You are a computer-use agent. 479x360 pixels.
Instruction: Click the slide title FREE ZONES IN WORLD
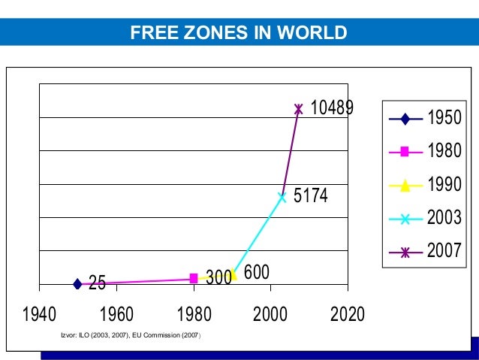pos(239,33)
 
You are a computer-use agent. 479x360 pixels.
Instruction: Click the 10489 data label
pos(331,108)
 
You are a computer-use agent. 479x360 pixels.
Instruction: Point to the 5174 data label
pos(310,196)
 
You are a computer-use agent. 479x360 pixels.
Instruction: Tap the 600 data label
pos(257,272)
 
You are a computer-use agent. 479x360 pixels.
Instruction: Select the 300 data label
pos(218,278)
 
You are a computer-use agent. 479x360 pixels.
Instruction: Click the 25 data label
pos(97,283)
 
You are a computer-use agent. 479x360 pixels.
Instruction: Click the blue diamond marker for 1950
pos(77,283)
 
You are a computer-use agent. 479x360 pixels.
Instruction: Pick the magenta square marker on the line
pos(194,278)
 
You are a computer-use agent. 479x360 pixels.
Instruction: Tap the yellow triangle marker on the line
pos(233,275)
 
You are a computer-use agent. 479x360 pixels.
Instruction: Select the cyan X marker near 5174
pos(282,198)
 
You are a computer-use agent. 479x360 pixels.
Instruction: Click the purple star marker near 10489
pos(298,109)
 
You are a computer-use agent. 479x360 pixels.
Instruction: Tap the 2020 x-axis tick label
pos(348,313)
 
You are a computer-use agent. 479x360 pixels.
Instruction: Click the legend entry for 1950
pos(425,119)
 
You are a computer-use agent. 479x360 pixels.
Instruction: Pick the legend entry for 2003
pos(425,219)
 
